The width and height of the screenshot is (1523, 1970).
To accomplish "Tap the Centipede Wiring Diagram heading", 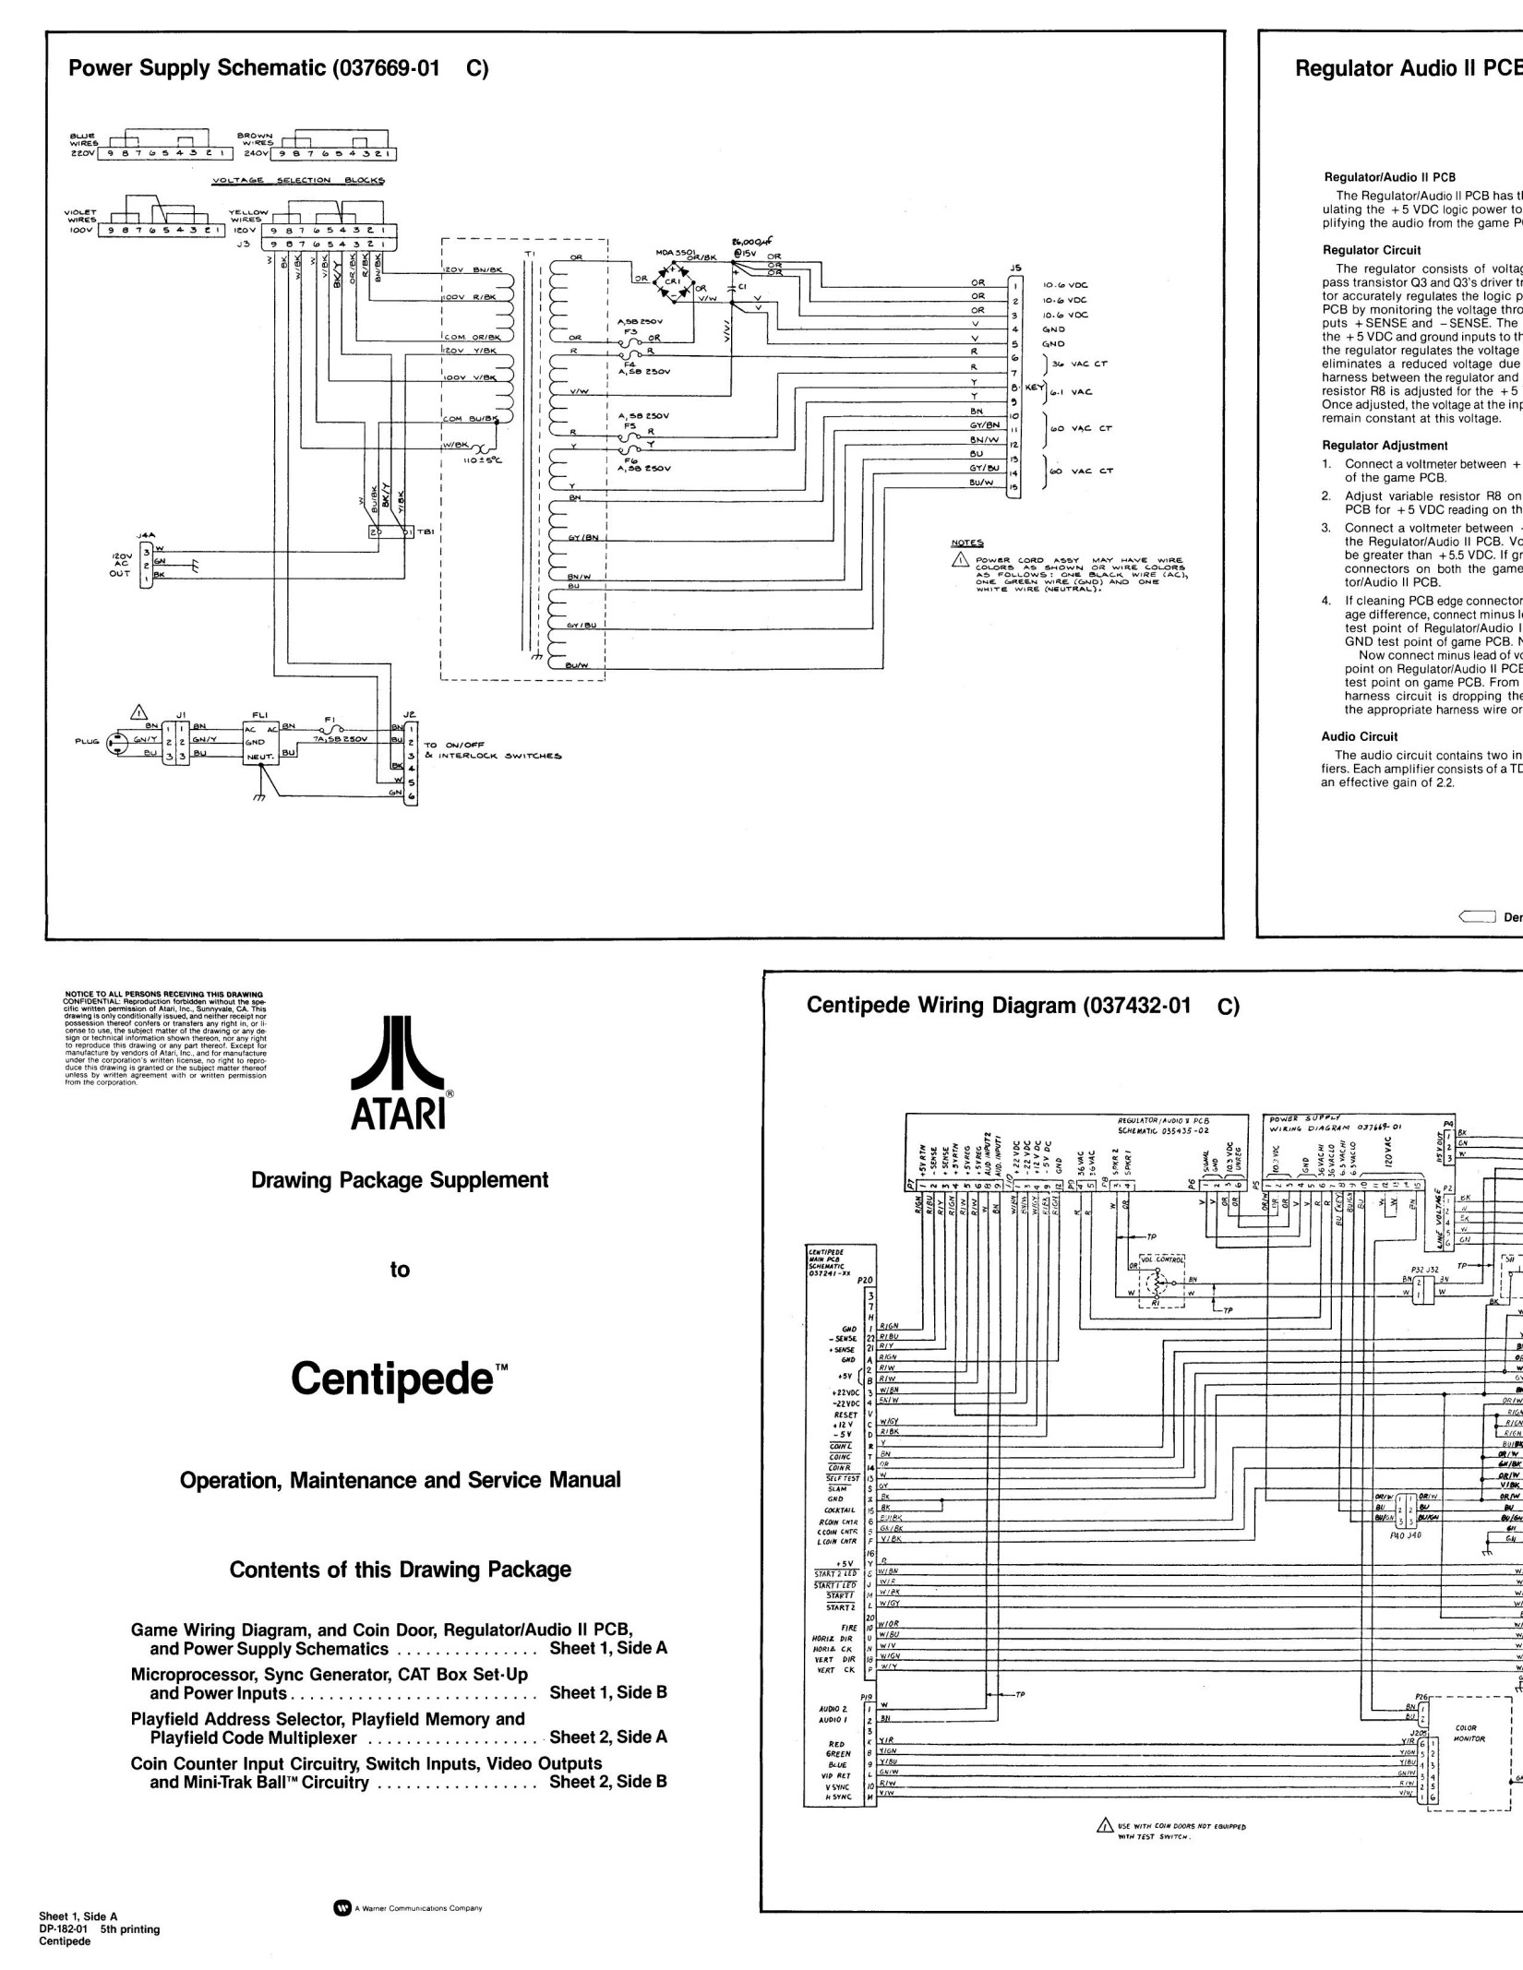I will point(998,1005).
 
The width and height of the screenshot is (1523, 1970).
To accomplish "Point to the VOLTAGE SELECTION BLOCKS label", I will point(298,180).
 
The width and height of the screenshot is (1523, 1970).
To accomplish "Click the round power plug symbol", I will point(117,740).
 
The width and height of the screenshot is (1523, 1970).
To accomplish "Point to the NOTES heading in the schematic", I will point(967,543).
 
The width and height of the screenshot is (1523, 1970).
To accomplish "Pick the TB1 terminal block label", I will point(426,532).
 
